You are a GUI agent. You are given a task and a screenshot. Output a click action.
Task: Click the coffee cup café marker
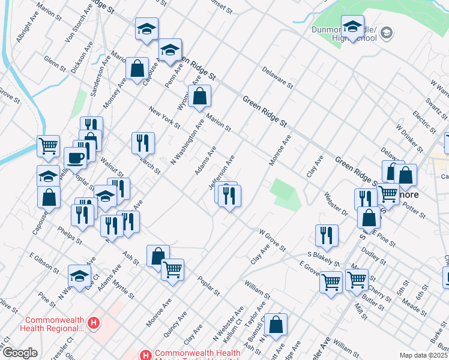click(x=76, y=158)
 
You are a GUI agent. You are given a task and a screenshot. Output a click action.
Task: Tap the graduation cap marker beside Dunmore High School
click(x=352, y=27)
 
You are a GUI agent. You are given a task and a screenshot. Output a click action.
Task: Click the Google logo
click(x=20, y=353)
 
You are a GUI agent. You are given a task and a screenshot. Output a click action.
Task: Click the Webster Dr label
click(x=336, y=205)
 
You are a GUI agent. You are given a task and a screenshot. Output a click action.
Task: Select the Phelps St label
click(x=70, y=235)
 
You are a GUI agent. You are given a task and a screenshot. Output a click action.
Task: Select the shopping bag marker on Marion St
click(x=200, y=96)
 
